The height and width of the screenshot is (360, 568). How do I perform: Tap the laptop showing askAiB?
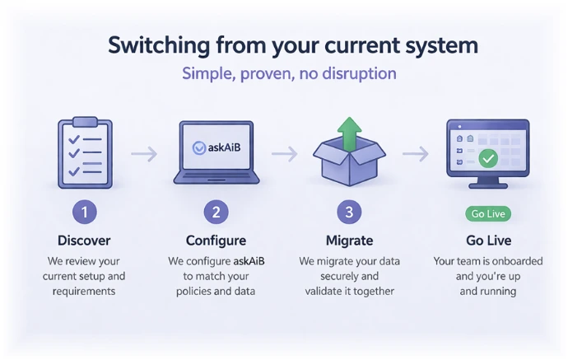point(216,153)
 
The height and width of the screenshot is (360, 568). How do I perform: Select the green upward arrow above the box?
point(350,133)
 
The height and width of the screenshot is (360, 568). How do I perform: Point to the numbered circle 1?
point(84,213)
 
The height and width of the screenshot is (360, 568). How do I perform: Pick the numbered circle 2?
point(216,213)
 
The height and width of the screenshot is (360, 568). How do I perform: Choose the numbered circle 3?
point(349,213)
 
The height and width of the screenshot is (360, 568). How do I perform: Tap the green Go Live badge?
point(487,214)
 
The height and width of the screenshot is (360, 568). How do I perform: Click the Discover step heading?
point(84,241)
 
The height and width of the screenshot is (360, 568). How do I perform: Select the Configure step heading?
point(216,241)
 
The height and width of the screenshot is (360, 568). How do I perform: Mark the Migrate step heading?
point(349,241)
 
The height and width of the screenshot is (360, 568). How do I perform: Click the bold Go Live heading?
point(487,241)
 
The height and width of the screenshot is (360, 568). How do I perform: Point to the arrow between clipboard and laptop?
point(144,153)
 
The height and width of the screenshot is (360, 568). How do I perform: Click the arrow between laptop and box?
point(284,153)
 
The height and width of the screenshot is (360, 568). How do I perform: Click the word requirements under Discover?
point(84,291)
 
